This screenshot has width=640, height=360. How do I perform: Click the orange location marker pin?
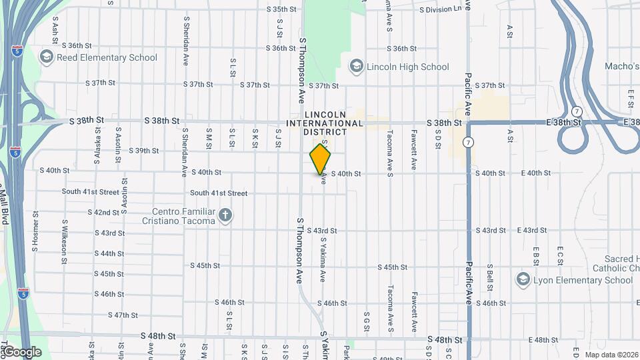(320, 159)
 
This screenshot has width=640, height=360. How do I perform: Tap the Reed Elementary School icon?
(47, 57)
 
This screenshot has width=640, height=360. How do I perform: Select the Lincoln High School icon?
(356, 66)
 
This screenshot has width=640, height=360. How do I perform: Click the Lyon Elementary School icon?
(523, 279)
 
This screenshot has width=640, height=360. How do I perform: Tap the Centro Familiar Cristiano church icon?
(225, 215)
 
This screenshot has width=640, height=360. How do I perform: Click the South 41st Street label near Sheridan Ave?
(219, 193)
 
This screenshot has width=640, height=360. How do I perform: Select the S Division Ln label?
(440, 10)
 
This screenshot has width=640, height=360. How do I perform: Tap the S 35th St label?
(281, 9)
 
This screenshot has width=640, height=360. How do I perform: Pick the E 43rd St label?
(532, 230)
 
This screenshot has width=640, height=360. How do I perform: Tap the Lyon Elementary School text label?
(583, 280)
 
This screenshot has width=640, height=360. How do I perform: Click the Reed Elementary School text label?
(107, 57)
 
